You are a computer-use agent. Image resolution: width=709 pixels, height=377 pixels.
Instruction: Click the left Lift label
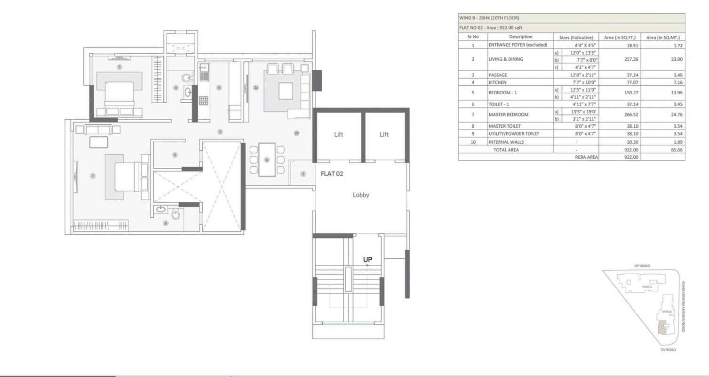(338, 134)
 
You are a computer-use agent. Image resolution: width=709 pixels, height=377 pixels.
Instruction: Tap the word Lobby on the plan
(361, 195)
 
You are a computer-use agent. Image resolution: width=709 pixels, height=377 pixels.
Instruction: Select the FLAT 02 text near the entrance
(332, 173)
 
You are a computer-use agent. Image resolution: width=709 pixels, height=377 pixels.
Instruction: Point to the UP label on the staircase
(367, 260)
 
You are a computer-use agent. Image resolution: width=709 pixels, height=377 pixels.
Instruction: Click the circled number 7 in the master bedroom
(93, 176)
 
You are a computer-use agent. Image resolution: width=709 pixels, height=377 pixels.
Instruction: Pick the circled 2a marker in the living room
(256, 88)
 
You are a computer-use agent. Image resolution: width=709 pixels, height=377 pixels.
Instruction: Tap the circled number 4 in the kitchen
(219, 88)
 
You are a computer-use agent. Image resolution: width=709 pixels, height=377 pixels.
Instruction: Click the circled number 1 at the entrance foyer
(303, 174)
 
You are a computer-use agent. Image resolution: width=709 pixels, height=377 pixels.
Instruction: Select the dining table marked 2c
(267, 160)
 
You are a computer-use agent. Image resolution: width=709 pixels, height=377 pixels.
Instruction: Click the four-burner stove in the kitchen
(203, 100)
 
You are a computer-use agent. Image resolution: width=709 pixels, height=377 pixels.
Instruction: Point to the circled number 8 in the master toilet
(165, 223)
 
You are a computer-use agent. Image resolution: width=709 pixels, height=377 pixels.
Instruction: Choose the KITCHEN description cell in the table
(498, 82)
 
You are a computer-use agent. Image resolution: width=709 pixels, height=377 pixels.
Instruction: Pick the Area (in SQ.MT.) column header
(663, 37)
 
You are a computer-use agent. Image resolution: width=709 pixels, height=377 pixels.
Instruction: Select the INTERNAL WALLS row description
(506, 142)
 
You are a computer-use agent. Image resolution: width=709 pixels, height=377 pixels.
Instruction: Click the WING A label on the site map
(647, 287)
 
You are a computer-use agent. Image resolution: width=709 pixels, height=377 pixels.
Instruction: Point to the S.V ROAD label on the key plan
(668, 350)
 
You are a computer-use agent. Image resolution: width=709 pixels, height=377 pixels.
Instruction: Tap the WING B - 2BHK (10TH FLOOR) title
(489, 18)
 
